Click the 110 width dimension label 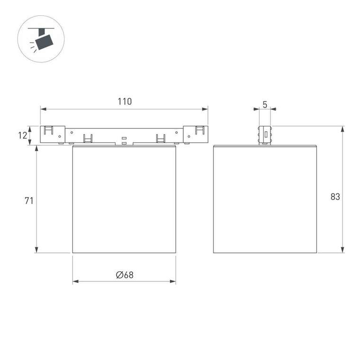pos(124,101)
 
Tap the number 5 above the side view pos(265,104)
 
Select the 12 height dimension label pos(22,135)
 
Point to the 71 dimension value pos(29,200)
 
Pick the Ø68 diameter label pos(124,275)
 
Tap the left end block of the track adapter pos(52,134)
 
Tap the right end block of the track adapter pos(196,134)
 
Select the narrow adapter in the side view pos(265,135)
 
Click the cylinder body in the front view pos(124,199)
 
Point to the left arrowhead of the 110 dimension pos(42,109)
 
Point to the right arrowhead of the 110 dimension pos(206,109)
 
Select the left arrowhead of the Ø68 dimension pos(75,282)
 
